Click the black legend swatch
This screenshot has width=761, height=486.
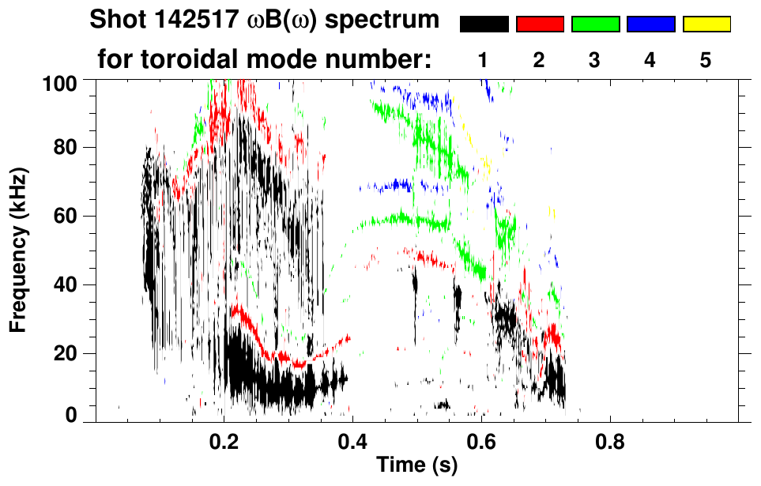484,24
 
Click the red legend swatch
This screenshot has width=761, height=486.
540,24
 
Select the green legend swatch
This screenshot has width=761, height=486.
595,24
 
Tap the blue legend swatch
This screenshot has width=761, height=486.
650,24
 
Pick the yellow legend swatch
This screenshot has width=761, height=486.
706,24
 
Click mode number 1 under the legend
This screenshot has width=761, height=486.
484,60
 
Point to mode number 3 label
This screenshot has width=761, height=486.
595,60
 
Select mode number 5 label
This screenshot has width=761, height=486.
706,60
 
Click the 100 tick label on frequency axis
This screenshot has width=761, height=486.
61,81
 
